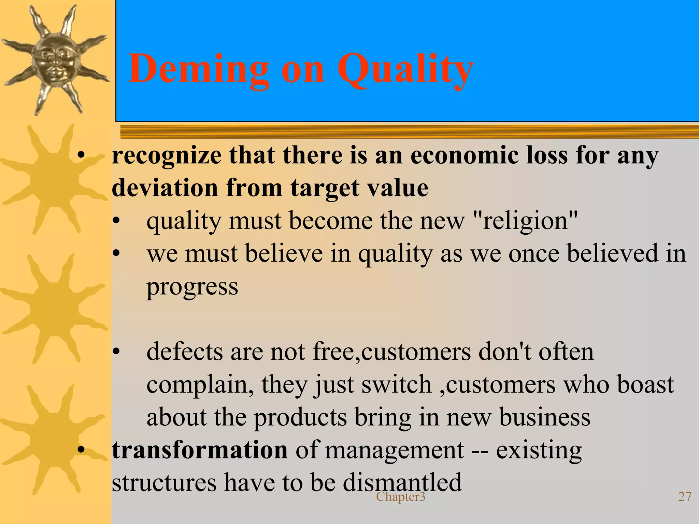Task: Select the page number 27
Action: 685,497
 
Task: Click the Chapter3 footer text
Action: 401,497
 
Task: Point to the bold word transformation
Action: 200,450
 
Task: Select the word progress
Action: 192,287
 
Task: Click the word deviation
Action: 165,188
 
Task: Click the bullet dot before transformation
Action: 81,450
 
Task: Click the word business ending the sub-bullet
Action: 545,417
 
